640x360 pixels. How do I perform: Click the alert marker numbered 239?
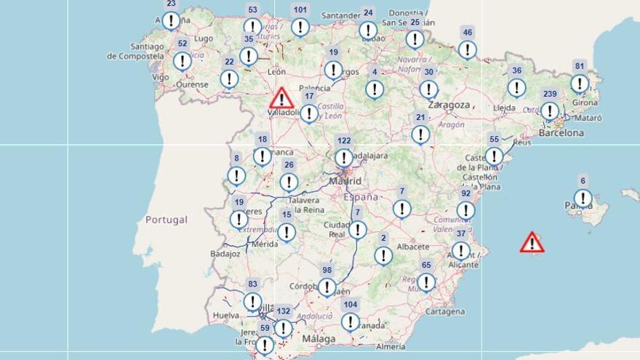pyautogui.click(x=550, y=111)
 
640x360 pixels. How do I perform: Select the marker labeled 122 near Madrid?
pyautogui.click(x=344, y=157)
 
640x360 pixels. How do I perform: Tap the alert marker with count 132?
pyautogui.click(x=284, y=328)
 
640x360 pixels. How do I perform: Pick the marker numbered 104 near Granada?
pyautogui.click(x=351, y=321)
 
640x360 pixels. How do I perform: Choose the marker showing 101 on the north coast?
pyautogui.click(x=300, y=27)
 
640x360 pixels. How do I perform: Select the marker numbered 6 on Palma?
pyautogui.click(x=583, y=197)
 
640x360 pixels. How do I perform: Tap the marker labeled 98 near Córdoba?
pyautogui.click(x=327, y=287)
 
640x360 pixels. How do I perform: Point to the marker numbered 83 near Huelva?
pyautogui.click(x=252, y=301)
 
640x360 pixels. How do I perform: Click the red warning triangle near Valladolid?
pyautogui.click(x=281, y=98)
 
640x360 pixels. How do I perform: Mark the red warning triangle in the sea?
pyautogui.click(x=532, y=242)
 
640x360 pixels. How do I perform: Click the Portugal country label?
pyautogui.click(x=166, y=220)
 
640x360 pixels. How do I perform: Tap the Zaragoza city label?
pyautogui.click(x=449, y=105)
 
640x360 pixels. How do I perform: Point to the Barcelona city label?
pyautogui.click(x=561, y=133)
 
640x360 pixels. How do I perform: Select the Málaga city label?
pyautogui.click(x=319, y=339)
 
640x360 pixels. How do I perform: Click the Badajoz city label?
pyautogui.click(x=225, y=254)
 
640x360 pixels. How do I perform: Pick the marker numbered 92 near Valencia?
pyautogui.click(x=465, y=210)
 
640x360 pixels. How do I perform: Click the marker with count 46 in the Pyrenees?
pyautogui.click(x=468, y=49)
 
